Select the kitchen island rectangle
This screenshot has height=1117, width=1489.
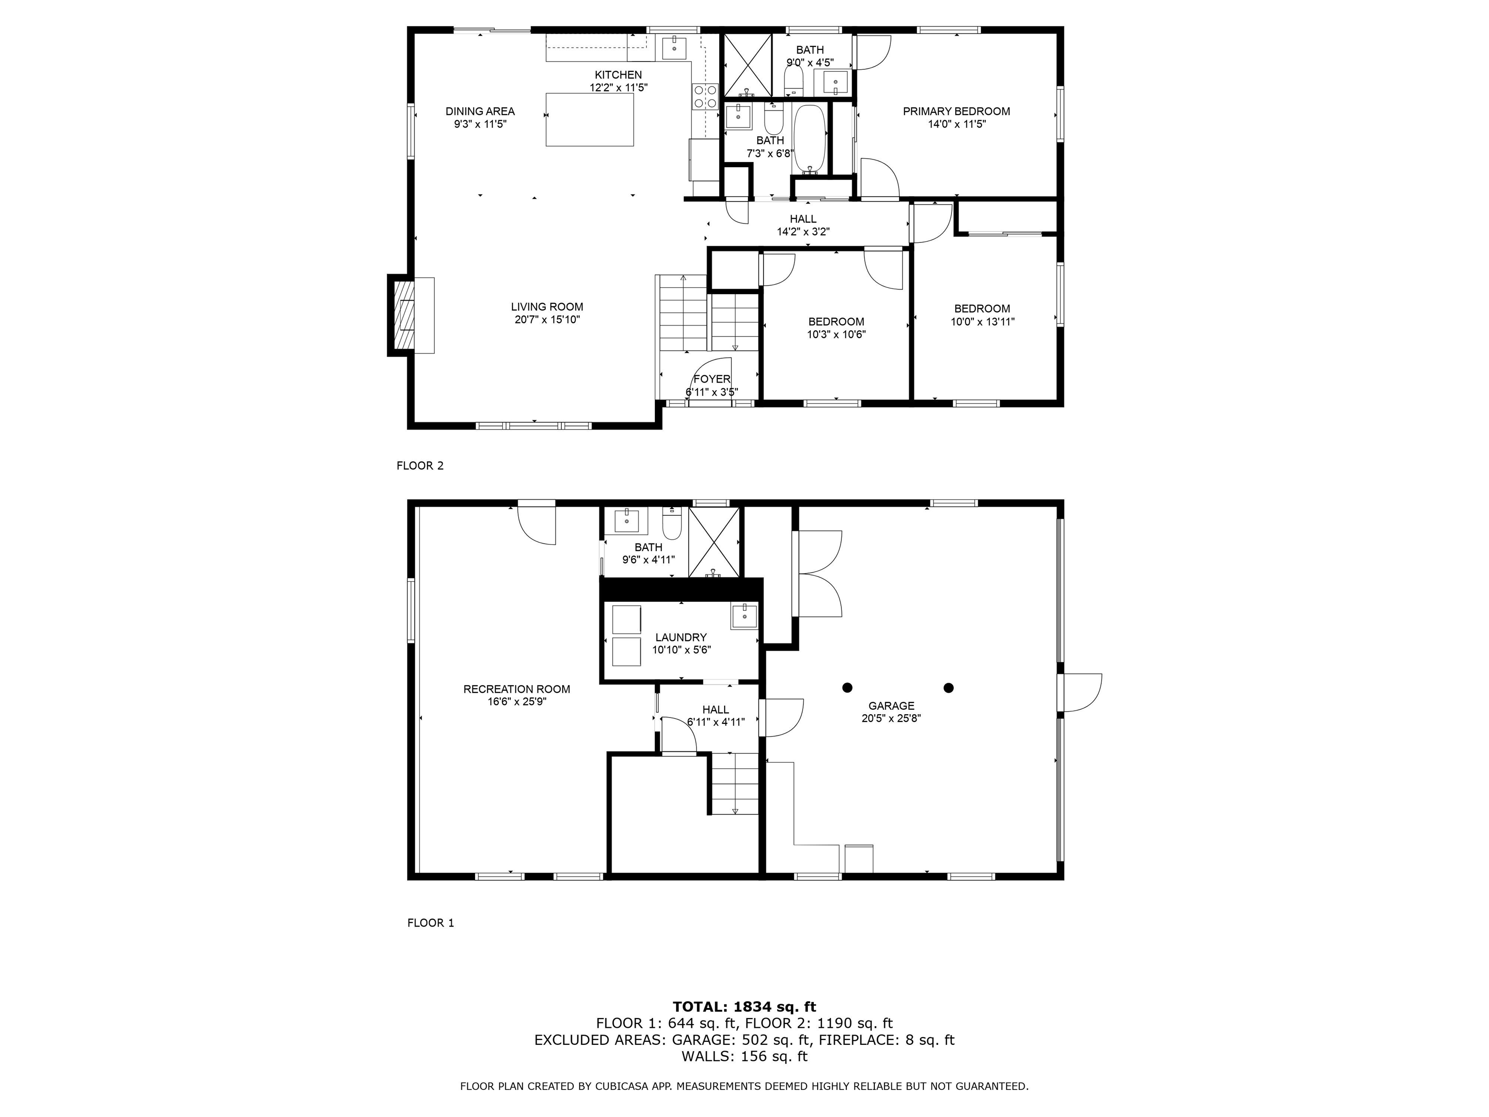pyautogui.click(x=589, y=119)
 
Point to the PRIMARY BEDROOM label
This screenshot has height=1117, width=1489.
pyautogui.click(x=956, y=111)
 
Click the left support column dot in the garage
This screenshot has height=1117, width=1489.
pyautogui.click(x=847, y=687)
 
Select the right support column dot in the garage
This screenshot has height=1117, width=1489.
pyautogui.click(x=949, y=687)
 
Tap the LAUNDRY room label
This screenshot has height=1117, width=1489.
pyautogui.click(x=681, y=637)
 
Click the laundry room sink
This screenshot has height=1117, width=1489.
pyautogui.click(x=744, y=615)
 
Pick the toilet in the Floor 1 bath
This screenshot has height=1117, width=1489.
pyautogui.click(x=672, y=521)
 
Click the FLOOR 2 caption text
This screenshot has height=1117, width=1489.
pyautogui.click(x=420, y=465)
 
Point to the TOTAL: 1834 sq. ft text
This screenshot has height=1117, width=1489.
pyautogui.click(x=744, y=1006)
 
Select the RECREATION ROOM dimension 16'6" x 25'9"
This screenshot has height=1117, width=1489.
pyautogui.click(x=516, y=702)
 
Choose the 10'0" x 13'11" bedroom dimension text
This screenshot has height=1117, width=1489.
pyautogui.click(x=982, y=322)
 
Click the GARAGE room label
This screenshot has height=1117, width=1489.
pyautogui.click(x=890, y=705)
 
